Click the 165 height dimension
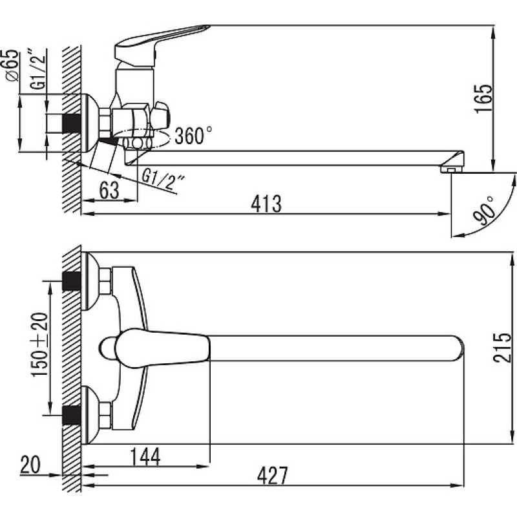coord(484,99)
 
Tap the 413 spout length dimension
coord(266,204)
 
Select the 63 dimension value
coord(109,190)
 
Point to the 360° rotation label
coord(193,135)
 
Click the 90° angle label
coord(483,212)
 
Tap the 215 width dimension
coord(502,348)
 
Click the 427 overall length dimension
coord(272,475)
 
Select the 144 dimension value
coord(145,457)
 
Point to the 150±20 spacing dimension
coord(39,344)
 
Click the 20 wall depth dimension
coord(30,465)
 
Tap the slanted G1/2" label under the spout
coord(164,180)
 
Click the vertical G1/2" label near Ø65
coord(39,69)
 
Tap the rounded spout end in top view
coord(457,348)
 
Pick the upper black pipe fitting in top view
coord(71,281)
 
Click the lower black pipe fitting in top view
coord(71,416)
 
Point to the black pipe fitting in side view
coord(71,123)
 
